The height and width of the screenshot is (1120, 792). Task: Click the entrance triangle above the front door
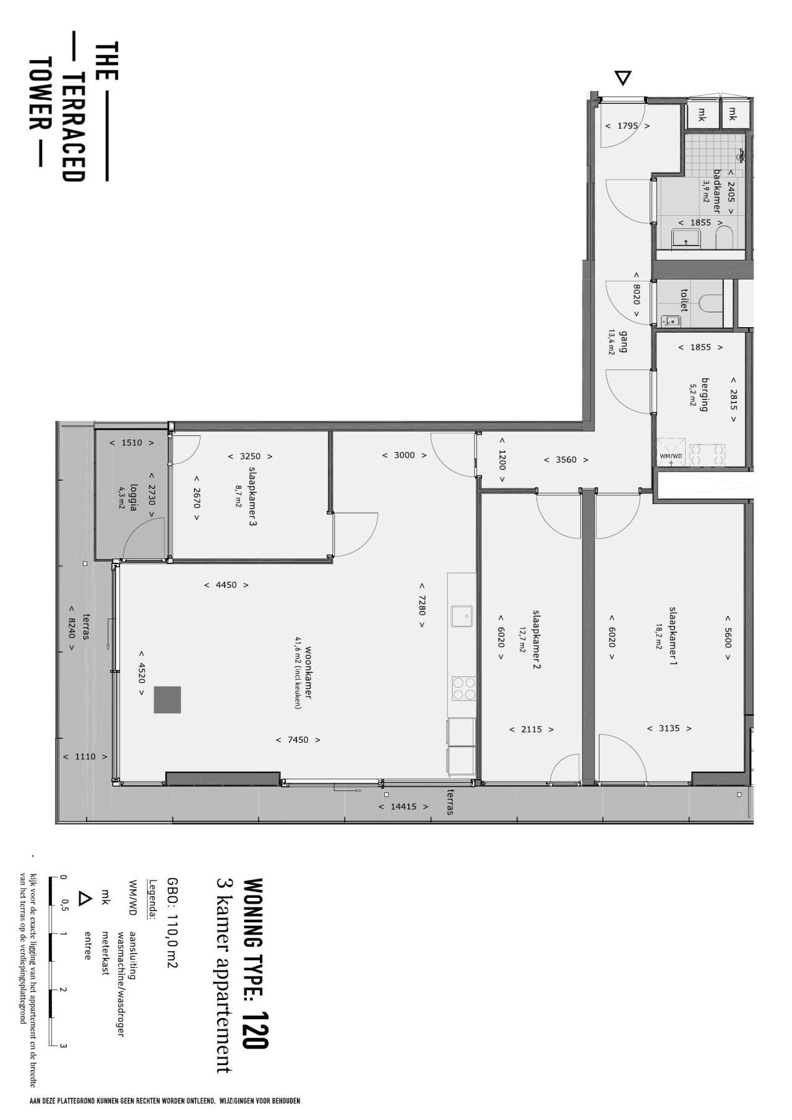click(623, 78)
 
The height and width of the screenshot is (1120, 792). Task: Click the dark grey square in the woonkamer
click(168, 699)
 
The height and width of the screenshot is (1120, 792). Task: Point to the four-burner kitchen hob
click(463, 688)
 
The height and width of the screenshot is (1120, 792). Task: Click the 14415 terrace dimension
click(403, 806)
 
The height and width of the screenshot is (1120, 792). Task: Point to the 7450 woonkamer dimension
click(298, 740)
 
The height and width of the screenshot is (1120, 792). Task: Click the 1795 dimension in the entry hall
click(627, 126)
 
